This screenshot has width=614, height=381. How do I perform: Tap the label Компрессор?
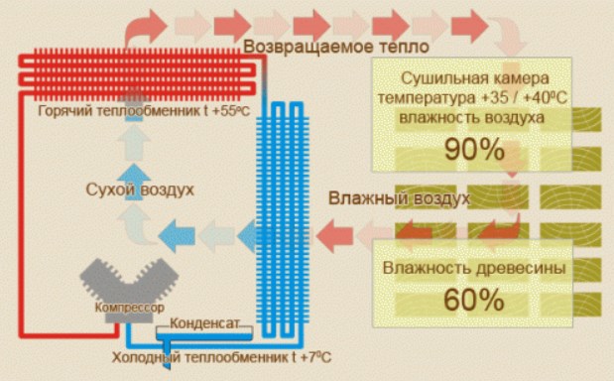pyautogui.click(x=129, y=308)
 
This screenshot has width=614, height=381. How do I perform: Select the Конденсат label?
pyautogui.click(x=204, y=323)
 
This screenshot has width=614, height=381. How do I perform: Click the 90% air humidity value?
pyautogui.click(x=474, y=150)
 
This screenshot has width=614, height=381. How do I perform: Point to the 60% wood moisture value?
pyautogui.click(x=474, y=301)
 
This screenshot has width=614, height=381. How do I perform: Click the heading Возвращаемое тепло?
pyautogui.click(x=336, y=47)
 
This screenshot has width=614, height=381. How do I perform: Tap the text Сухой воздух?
pyautogui.click(x=140, y=190)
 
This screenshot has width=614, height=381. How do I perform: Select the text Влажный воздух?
pyautogui.click(x=399, y=198)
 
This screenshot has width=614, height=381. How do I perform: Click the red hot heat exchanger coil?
pyautogui.click(x=137, y=74)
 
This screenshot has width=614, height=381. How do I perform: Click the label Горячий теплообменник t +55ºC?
pyautogui.click(x=144, y=111)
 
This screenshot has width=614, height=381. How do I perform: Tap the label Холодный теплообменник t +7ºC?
pyautogui.click(x=221, y=357)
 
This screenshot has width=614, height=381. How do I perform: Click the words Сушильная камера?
pyautogui.click(x=474, y=78)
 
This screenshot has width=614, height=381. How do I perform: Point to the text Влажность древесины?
pyautogui.click(x=474, y=269)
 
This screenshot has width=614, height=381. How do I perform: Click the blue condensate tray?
pyautogui.click(x=204, y=336)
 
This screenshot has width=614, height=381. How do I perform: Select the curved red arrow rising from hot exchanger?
pyautogui.click(x=146, y=27)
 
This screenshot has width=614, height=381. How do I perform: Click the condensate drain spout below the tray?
pyautogui.click(x=168, y=355)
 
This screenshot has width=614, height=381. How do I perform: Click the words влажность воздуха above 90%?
pyautogui.click(x=472, y=117)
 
